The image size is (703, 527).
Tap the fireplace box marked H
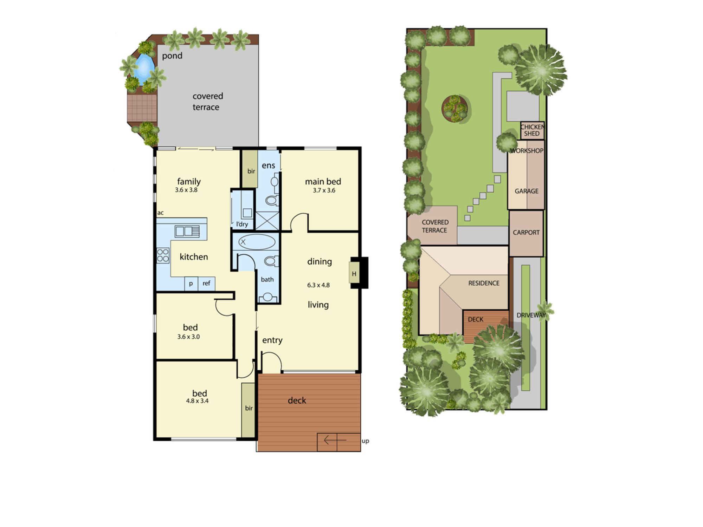point(354,273)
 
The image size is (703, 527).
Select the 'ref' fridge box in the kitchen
point(207,283)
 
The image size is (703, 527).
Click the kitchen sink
point(187,231)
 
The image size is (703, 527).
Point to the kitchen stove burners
point(163,255)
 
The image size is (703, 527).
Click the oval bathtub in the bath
point(257,242)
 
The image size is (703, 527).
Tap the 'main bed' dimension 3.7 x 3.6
point(324,190)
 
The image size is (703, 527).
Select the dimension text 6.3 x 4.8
point(318,285)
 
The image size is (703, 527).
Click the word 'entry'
point(272,340)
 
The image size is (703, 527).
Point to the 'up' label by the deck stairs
point(365,441)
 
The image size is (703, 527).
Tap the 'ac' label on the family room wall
point(160,213)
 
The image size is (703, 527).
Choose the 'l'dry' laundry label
point(242,224)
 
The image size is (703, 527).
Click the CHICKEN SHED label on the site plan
point(532,130)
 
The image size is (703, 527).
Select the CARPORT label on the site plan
point(526,233)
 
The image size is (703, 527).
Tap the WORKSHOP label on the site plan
point(527,151)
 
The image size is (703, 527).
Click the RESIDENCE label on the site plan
point(484,283)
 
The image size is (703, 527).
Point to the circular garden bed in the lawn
point(455,109)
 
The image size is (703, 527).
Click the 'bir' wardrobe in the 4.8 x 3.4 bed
point(249,410)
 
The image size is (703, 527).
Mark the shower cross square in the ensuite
point(267,221)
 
